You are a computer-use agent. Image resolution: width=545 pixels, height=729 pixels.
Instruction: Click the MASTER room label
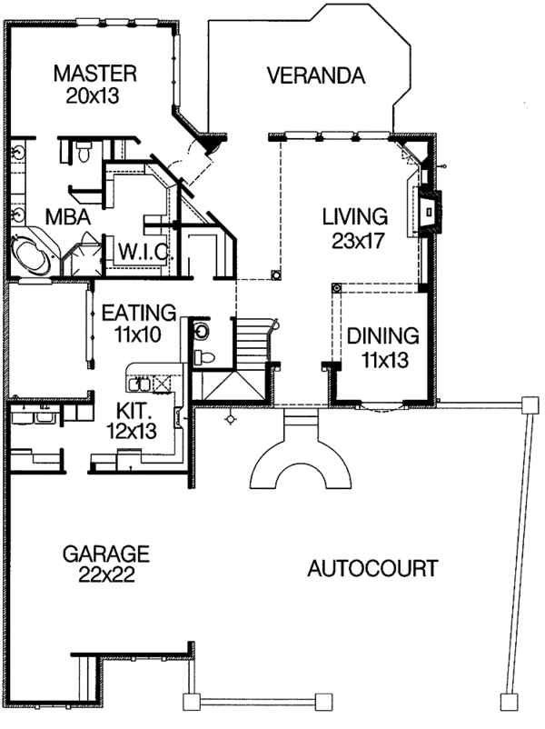click(x=94, y=74)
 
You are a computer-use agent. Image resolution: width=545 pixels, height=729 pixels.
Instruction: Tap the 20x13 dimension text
click(x=93, y=95)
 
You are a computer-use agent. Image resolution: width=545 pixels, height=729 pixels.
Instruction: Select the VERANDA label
click(x=316, y=75)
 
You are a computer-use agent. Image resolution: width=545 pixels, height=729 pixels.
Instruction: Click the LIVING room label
click(x=355, y=216)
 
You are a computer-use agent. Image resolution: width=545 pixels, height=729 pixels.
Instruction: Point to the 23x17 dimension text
click(x=358, y=241)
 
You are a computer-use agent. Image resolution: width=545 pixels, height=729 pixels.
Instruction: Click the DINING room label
click(x=382, y=336)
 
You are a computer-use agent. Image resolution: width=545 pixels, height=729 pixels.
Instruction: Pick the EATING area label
click(x=139, y=313)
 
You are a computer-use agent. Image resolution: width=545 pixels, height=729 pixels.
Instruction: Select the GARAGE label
click(x=106, y=554)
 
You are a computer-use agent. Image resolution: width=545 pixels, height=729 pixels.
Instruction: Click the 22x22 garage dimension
click(x=106, y=575)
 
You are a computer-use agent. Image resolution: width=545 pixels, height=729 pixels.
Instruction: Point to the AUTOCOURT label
click(x=372, y=568)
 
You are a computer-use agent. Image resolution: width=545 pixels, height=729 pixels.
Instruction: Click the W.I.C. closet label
click(x=144, y=252)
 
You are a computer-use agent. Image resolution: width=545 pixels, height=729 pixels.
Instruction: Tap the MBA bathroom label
click(x=68, y=216)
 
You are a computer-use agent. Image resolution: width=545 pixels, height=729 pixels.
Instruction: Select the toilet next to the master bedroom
click(x=84, y=151)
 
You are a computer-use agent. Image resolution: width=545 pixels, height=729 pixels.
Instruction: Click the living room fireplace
click(x=430, y=212)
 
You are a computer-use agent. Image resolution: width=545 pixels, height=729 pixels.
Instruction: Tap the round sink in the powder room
click(x=203, y=332)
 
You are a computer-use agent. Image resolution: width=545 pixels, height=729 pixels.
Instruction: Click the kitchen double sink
click(x=139, y=384)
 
